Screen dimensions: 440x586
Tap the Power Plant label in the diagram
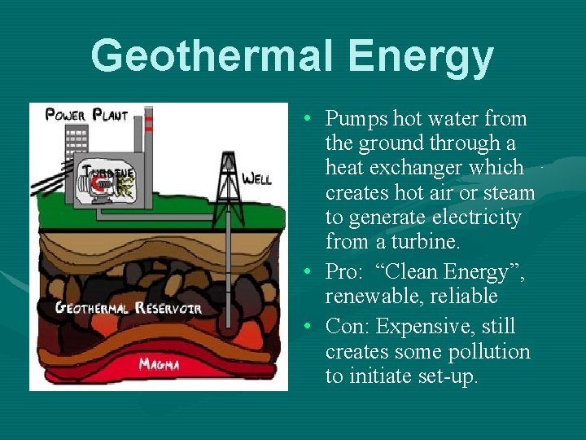pos(86,115)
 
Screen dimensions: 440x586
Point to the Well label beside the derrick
pos(257,178)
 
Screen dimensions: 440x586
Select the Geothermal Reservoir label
pos(128,308)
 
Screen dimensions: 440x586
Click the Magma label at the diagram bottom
pos(160,363)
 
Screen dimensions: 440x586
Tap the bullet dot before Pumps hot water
pos(312,119)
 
